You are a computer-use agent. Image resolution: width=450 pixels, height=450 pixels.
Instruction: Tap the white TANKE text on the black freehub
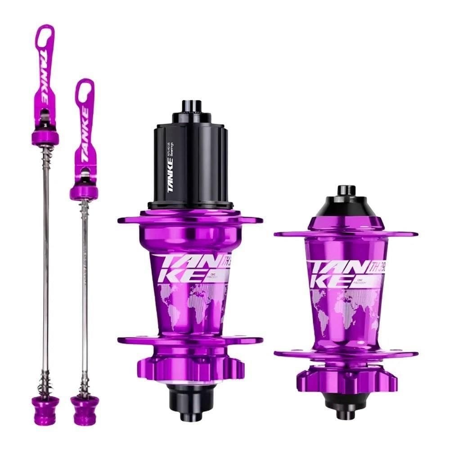(171, 180)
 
